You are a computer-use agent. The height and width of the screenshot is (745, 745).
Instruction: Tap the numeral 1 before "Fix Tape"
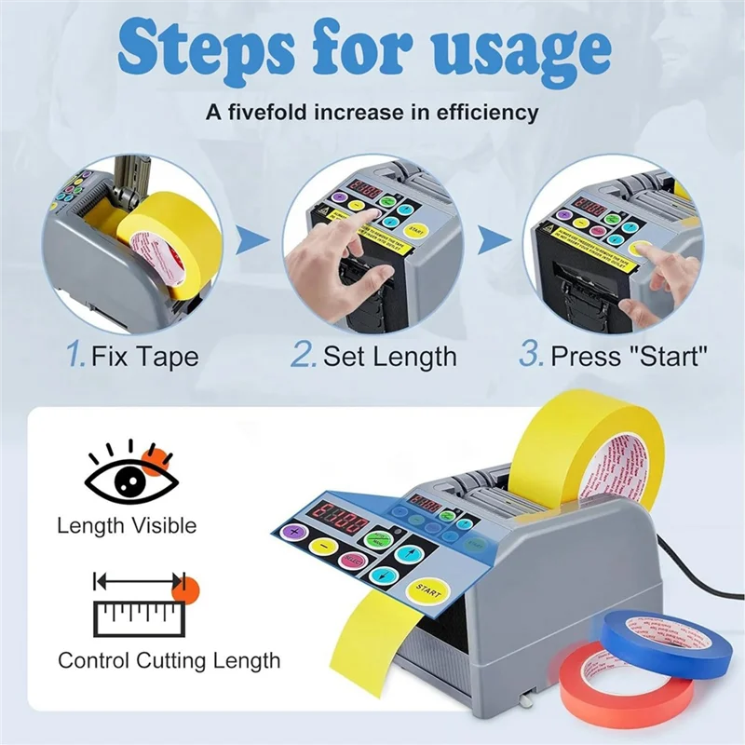[x=75, y=354]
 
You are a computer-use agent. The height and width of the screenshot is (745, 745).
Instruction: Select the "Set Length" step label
[x=389, y=356]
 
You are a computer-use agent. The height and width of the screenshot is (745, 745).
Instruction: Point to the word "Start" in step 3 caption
[x=665, y=356]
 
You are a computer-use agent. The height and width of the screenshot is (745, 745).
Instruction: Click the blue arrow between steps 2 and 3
[x=490, y=244]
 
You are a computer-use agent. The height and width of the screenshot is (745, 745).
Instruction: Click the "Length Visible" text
[x=127, y=525]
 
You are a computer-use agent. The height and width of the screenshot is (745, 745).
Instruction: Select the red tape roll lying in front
[x=626, y=687]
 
